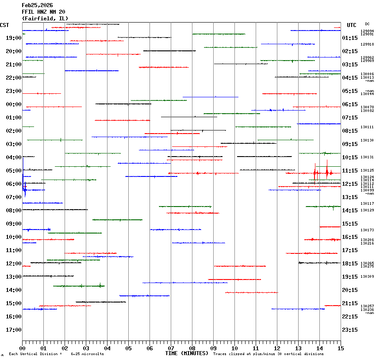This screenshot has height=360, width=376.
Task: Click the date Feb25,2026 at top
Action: click(38, 5)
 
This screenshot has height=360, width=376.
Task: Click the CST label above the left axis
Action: click(5, 25)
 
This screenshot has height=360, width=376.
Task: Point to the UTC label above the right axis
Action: click(352, 25)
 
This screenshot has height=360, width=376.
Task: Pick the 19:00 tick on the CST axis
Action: click(14, 38)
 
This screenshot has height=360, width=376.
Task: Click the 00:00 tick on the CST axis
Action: click(14, 104)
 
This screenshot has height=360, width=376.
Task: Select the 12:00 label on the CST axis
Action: click(14, 264)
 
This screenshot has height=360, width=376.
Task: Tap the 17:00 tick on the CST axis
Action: click(14, 330)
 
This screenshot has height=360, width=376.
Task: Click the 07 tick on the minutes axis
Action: click(171, 349)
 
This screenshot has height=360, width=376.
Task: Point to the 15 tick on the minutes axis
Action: click(341, 349)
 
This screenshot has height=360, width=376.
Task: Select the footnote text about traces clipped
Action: click(268, 354)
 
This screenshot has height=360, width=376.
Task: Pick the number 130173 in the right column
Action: click(367, 230)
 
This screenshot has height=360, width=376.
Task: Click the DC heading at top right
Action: click(367, 24)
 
